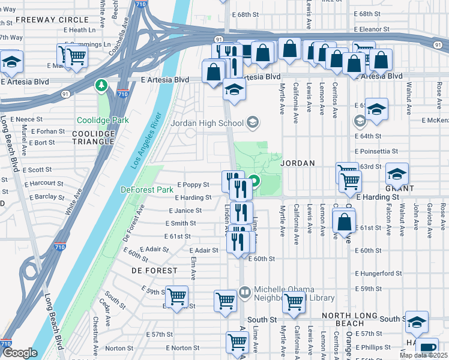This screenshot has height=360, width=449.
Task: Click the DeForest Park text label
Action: (146, 190)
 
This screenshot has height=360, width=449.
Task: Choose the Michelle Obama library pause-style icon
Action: (244, 293)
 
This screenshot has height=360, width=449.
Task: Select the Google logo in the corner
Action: (20, 353)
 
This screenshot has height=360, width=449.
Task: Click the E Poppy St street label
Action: (193, 185)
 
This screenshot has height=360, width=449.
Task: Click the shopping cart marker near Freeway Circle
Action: (76, 56)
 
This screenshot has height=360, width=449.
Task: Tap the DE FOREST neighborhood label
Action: (155, 271)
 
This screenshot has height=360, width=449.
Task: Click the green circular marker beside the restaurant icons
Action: (255, 181)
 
